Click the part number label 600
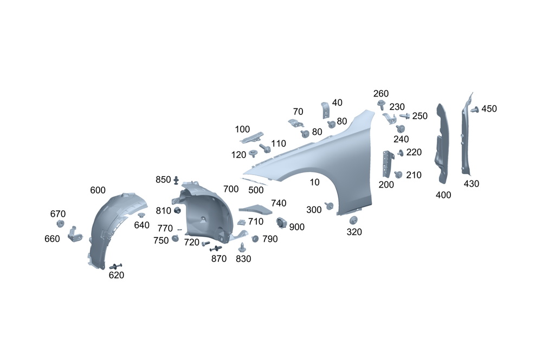click(98, 190)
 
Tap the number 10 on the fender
click(314, 182)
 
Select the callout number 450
click(489, 108)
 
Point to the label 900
click(297, 227)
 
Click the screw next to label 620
click(116, 266)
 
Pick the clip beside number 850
click(176, 180)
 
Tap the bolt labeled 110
click(265, 148)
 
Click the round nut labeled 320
click(353, 220)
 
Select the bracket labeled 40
click(325, 110)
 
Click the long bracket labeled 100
click(251, 138)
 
